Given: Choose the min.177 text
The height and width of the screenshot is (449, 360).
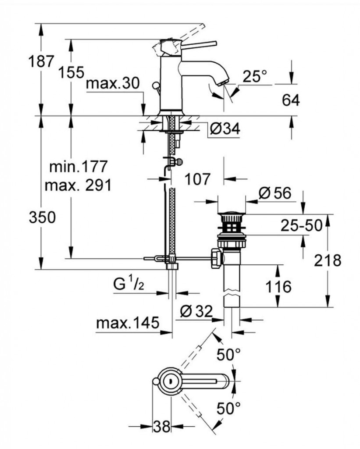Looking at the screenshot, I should tap(78, 167).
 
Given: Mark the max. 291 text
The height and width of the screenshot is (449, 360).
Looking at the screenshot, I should tap(78, 185).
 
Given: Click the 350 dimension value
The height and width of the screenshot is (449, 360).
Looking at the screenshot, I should tap(42, 217).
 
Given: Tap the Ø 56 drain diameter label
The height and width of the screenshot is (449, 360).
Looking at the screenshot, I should tap(275, 193).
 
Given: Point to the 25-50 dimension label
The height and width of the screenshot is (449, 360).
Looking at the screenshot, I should tap(301, 225).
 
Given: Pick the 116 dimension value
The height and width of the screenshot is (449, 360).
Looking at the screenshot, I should tap(279, 287).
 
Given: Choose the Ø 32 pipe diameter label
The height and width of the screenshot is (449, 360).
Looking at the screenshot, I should tap(196, 311).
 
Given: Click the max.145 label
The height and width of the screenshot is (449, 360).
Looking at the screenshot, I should tap(127, 324).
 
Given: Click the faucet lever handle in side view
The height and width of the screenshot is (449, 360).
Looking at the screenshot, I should tap(197, 43).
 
